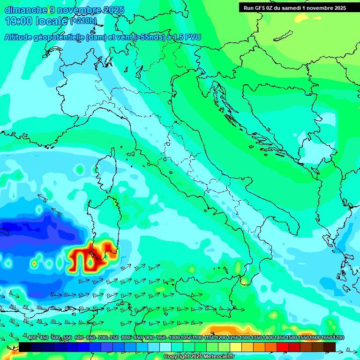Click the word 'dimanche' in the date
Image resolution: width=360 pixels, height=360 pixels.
[x=25, y=10]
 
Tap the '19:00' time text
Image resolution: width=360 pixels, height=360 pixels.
[x=20, y=21]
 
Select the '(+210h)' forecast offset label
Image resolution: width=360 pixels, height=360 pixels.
[x=83, y=21]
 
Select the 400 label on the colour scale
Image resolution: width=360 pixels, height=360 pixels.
[x=32, y=338]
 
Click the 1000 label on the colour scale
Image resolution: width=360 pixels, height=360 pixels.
[x=174, y=338]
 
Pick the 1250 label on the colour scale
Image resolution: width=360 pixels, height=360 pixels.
[x=233, y=338]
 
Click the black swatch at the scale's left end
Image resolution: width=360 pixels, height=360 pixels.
[x=25, y=347]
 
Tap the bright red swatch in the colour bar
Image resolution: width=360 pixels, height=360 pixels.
[x=283, y=347]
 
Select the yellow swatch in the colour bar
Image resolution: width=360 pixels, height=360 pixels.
[x=236, y=347]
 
